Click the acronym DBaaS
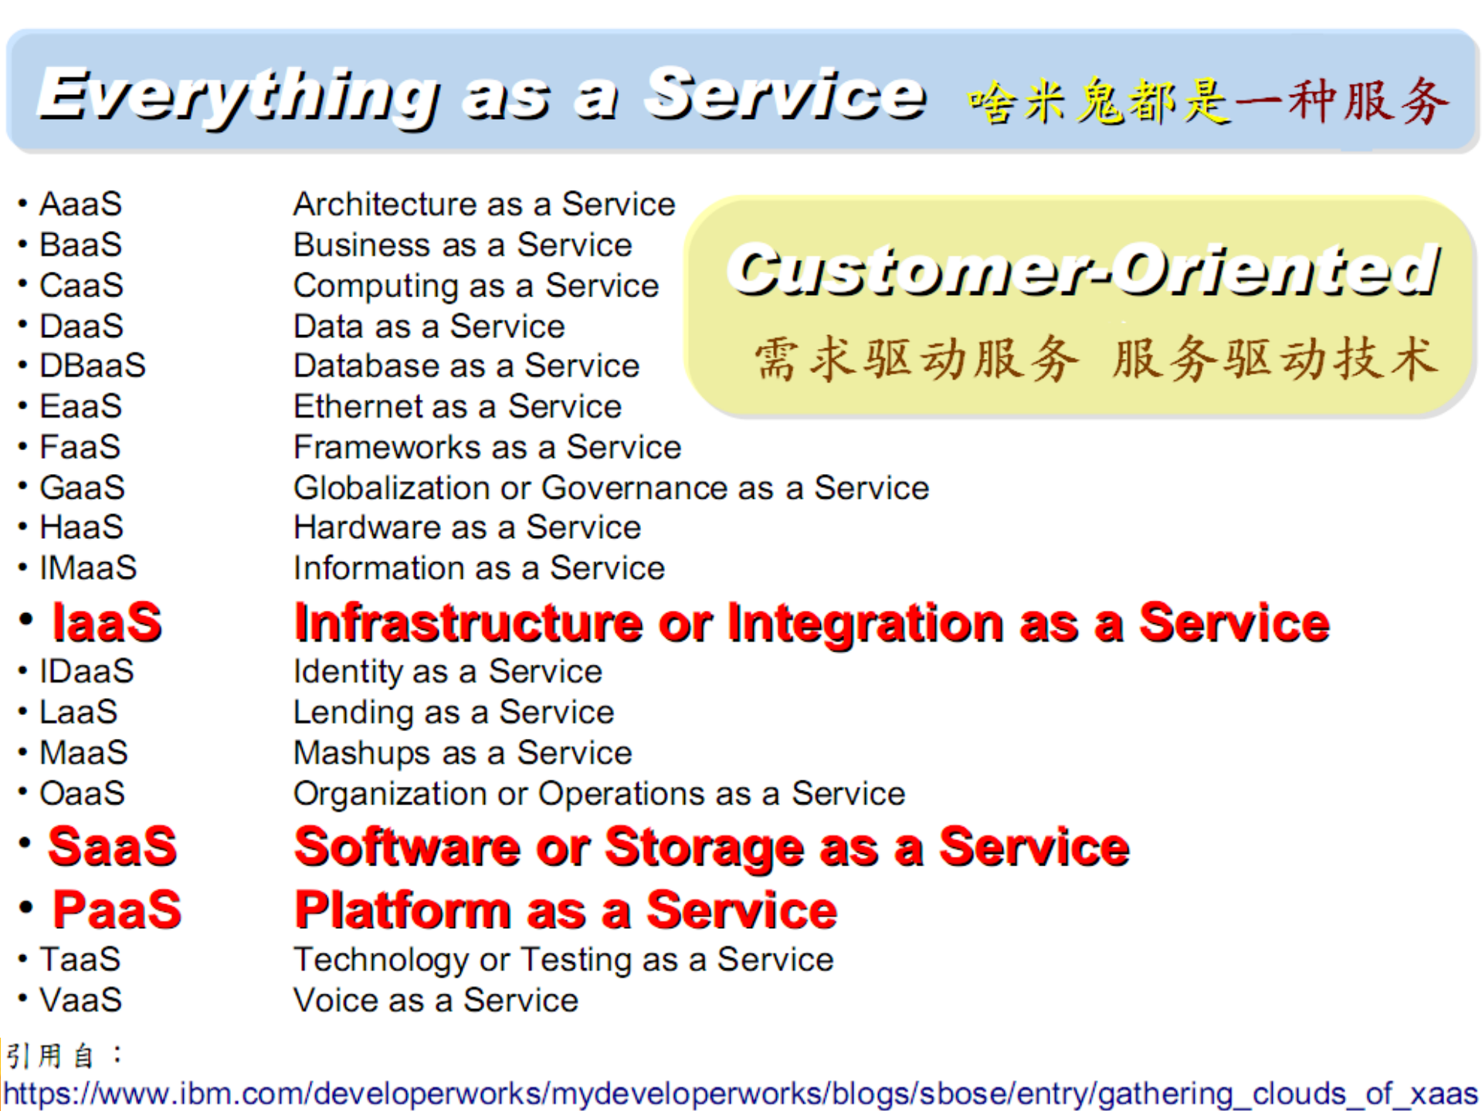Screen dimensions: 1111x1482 pos(93,366)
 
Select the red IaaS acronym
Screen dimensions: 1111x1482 pos(107,622)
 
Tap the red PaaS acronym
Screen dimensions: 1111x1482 pos(117,909)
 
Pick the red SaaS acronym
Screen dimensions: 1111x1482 pos(113,846)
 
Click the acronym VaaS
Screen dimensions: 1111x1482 pos(81,1001)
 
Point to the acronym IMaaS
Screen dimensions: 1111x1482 pos(88,568)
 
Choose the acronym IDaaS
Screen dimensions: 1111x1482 pos(86,672)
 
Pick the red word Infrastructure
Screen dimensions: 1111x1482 pos(468,623)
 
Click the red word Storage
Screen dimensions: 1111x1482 pos(704,848)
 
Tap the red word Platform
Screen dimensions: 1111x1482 pos(402,910)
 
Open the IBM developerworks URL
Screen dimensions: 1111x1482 pos(740,1094)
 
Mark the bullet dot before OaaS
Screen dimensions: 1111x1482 pos(23,792)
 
